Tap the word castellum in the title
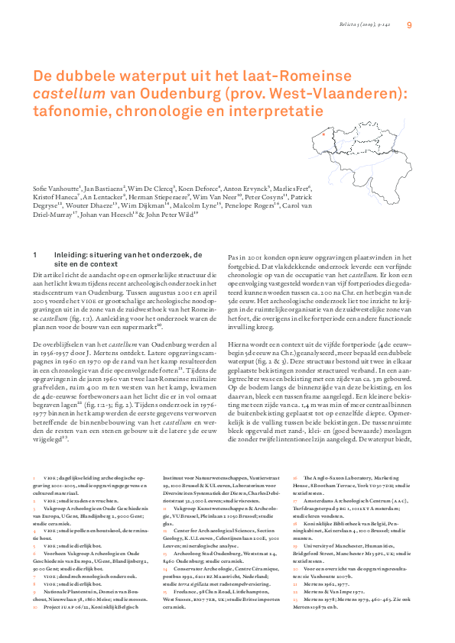tap(59, 93)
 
